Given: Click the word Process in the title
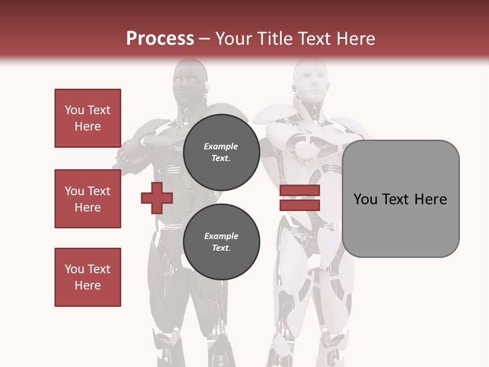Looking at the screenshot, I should point(160,39).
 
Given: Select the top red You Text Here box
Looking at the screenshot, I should point(88,118).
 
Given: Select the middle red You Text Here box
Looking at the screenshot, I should point(88,199).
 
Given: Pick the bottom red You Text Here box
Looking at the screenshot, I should point(88,277).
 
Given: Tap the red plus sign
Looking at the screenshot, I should point(157,198).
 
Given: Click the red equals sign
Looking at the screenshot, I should point(300,198).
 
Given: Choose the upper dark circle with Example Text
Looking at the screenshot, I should point(221,152).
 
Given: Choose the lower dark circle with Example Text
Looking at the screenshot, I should point(221,242).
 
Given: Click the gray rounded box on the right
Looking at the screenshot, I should point(400,199).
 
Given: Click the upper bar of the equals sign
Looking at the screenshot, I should point(300,191).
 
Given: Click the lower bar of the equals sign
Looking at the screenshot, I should point(300,205).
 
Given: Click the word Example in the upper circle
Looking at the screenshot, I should point(221,146).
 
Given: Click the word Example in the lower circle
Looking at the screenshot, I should point(221,236).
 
